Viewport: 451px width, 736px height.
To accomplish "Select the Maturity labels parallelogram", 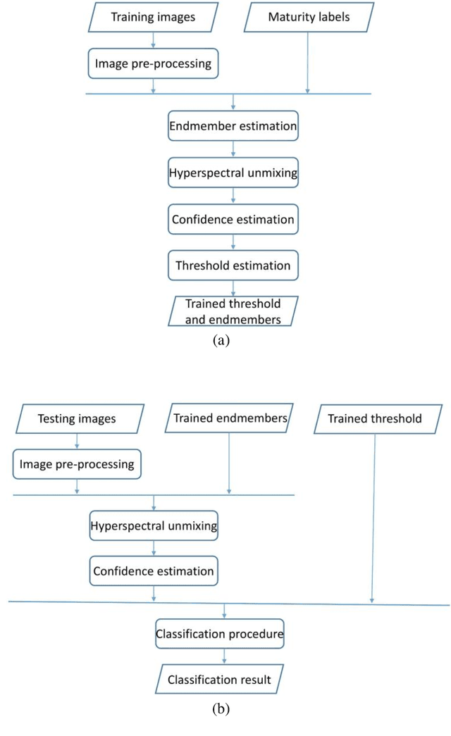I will (307, 18).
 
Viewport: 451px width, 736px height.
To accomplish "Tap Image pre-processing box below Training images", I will (153, 64).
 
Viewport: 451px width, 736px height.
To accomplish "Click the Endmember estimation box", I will (233, 127).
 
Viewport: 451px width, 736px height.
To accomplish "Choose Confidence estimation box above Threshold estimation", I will (233, 219).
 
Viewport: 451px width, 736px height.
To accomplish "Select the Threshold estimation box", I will (233, 266).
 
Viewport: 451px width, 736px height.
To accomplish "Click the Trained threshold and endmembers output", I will (233, 311).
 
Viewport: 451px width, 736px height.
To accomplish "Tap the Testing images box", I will (78, 418).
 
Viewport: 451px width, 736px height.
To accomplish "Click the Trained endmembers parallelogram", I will (230, 418).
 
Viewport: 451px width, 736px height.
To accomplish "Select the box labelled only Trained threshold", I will (375, 418).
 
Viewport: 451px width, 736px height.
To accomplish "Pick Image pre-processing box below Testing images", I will (78, 465).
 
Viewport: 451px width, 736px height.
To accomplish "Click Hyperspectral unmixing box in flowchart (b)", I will (154, 525).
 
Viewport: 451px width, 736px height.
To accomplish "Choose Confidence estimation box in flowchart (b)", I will (154, 570).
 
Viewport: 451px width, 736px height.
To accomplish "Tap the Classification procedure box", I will (220, 634).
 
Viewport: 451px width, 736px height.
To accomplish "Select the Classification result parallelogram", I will (220, 680).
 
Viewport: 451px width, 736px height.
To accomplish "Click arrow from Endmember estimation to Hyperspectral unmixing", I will (233, 150).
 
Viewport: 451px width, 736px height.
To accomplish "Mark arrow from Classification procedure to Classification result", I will (224, 656).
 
